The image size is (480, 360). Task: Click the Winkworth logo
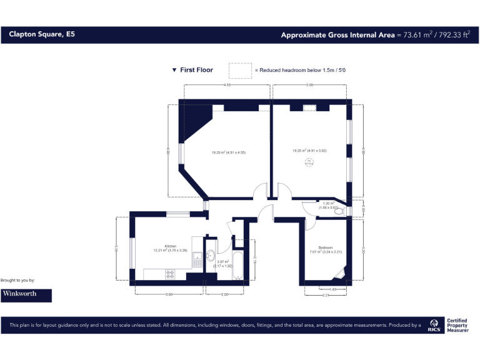26,294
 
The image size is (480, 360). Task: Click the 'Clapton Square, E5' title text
42,35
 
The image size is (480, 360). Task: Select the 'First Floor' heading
196,70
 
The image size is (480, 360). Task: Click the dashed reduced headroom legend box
240,69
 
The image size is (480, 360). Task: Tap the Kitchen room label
171,246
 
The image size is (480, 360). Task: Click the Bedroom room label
325,247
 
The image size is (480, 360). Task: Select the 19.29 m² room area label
228,152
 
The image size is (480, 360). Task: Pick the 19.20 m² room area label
309,151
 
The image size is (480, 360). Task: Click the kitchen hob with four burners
170,274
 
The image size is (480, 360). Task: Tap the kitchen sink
196,258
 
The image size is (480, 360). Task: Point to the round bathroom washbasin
210,255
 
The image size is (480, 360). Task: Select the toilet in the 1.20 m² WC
339,212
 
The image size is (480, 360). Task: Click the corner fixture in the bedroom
339,272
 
